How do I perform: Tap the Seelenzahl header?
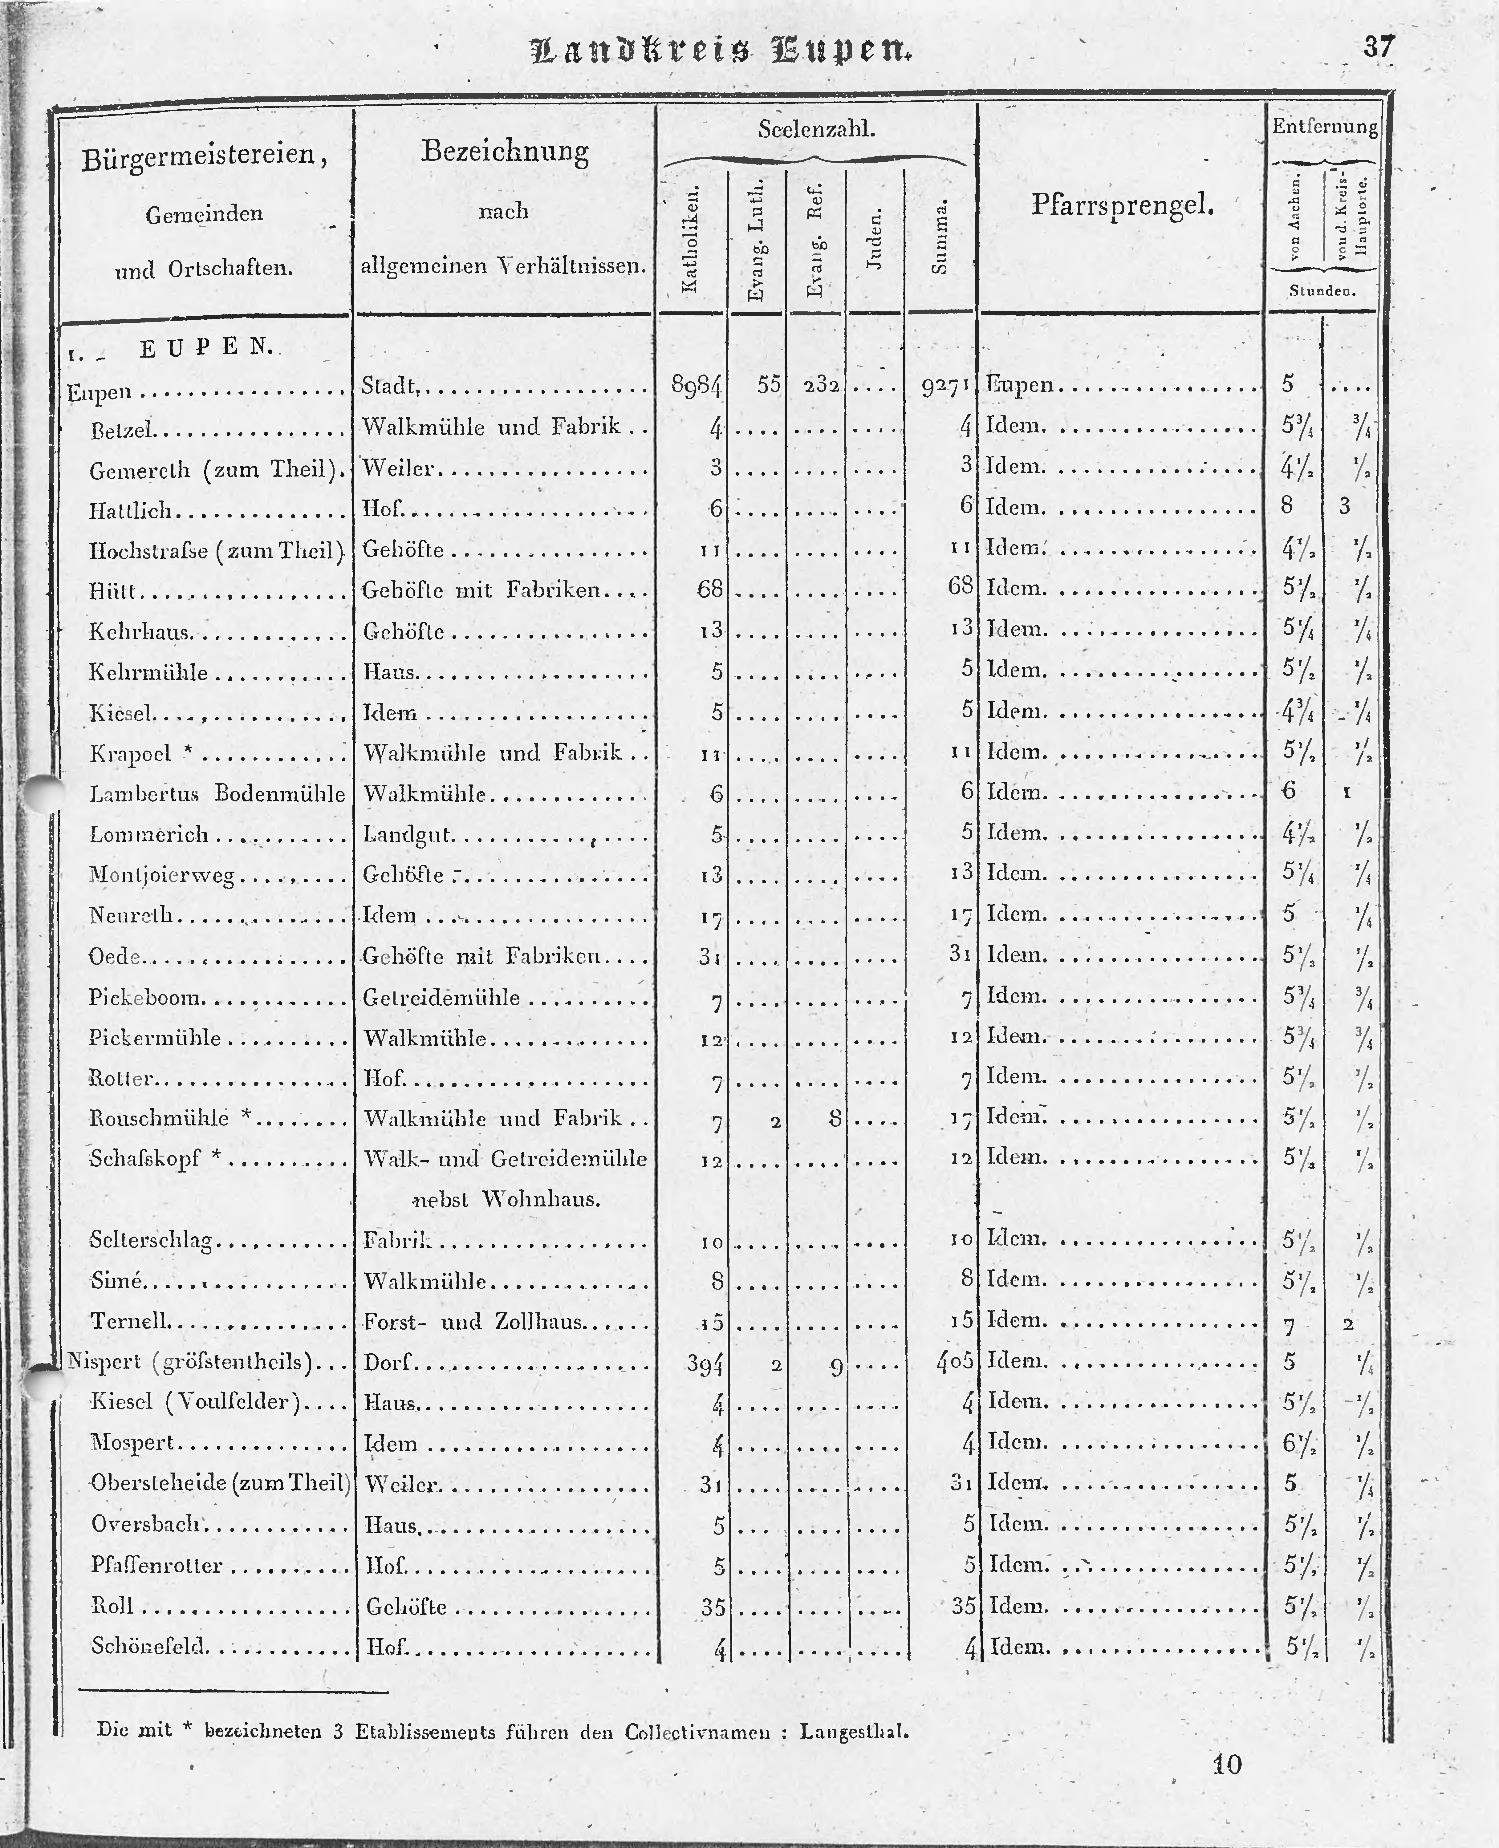(816, 130)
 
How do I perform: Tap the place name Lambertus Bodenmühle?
(217, 794)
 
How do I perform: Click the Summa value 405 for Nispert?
(954, 1361)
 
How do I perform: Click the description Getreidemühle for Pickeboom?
(441, 998)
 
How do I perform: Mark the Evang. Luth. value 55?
(769, 384)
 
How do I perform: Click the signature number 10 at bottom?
(1227, 1764)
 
